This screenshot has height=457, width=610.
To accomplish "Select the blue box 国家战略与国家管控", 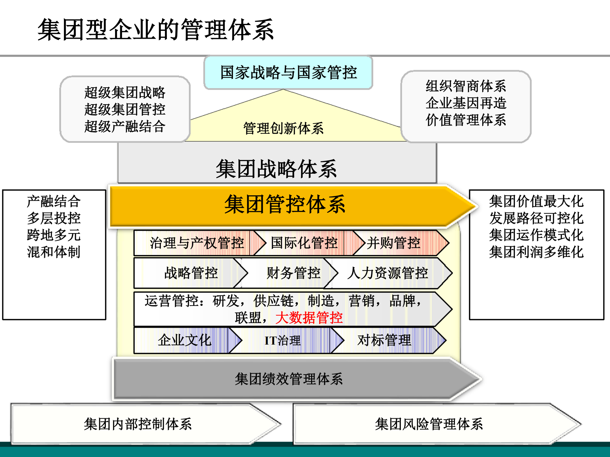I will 288,72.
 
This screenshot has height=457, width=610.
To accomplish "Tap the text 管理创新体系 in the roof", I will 283,128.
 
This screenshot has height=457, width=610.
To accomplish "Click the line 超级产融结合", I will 125,126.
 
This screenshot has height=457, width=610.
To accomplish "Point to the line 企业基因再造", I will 466,103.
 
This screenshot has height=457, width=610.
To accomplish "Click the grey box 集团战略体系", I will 277,168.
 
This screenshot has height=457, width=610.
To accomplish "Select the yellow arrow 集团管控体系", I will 284,204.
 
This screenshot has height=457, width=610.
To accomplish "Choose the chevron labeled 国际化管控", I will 304,243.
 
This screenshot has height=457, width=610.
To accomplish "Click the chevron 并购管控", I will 394,243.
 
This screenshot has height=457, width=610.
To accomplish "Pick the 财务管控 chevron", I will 293,273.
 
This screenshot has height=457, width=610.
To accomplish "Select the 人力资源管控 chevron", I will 387,273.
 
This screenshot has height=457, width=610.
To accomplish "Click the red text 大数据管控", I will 309,318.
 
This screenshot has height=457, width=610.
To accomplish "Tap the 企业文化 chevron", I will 184,340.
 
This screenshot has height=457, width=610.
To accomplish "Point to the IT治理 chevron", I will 282,340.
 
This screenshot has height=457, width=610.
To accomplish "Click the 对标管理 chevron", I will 384,340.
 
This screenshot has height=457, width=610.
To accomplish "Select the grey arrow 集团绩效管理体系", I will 289,379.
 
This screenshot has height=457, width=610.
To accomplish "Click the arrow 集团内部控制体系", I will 138,424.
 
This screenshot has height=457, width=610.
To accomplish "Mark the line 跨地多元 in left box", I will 54,235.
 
